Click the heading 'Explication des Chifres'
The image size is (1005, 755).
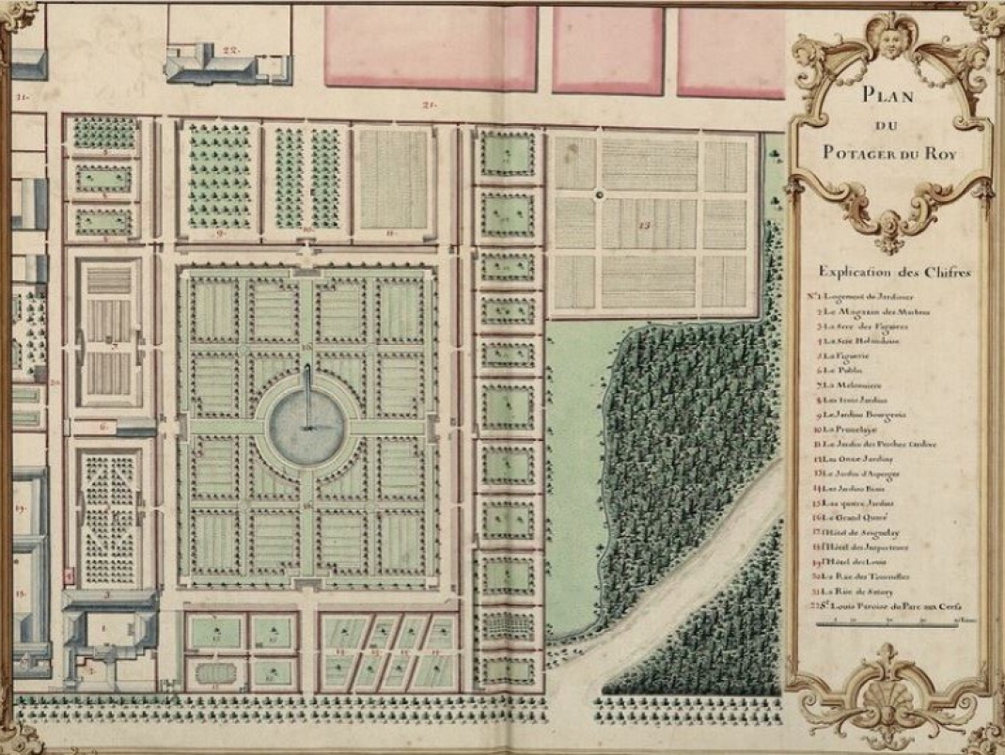894,272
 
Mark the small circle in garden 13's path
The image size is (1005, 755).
598,195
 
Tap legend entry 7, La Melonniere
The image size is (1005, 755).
856,385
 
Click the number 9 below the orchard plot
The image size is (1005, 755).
220,230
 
